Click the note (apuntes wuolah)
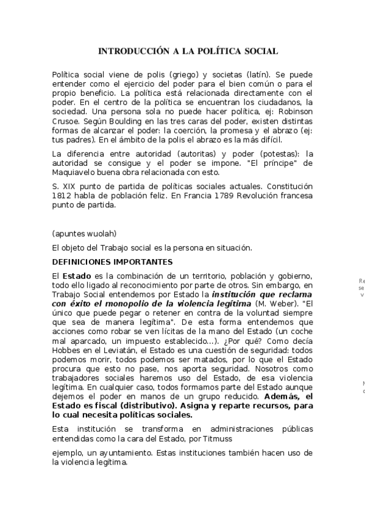84,234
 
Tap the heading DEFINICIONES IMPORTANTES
112,262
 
